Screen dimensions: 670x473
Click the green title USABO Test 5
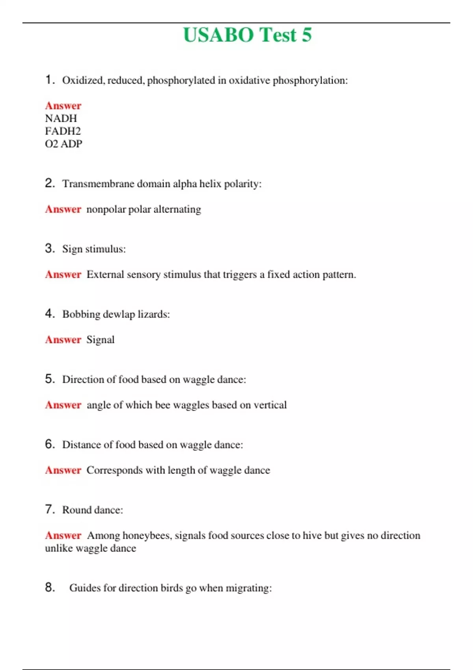[247, 35]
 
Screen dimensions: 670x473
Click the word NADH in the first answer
[61, 118]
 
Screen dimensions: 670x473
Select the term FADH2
[63, 131]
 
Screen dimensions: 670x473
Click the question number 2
[50, 183]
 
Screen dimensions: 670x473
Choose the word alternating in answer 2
[177, 209]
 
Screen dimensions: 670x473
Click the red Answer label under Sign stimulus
[63, 274]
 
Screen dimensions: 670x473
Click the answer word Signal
[101, 340]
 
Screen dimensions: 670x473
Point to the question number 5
[50, 379]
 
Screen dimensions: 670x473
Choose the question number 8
[50, 587]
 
